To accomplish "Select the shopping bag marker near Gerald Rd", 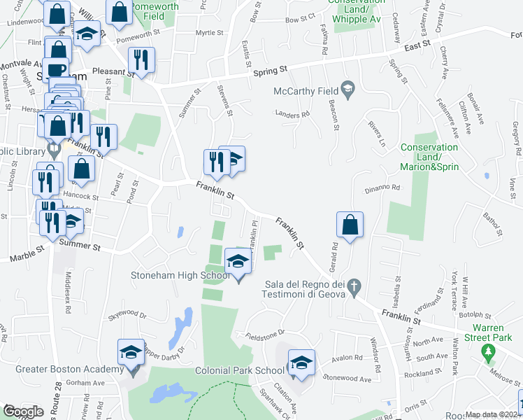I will pyautogui.click(x=350, y=225).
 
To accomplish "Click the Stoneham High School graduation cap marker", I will pyautogui.click(x=238, y=262).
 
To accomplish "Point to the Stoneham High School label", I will pyautogui.click(x=180, y=275).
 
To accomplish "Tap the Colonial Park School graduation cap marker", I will pyautogui.click(x=301, y=363).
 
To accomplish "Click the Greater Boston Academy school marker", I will pyautogui.click(x=131, y=354).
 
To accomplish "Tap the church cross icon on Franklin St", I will pyautogui.click(x=354, y=286).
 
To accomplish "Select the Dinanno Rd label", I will pyautogui.click(x=381, y=188).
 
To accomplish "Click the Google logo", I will pyautogui.click(x=23, y=412).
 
